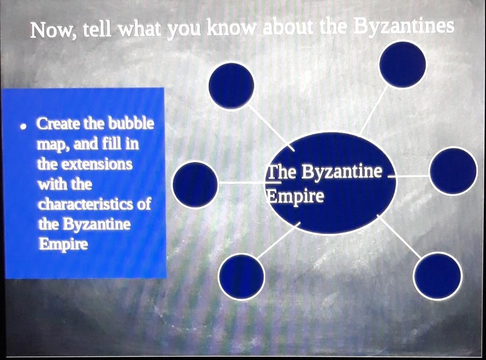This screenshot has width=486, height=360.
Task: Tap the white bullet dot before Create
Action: coord(22,127)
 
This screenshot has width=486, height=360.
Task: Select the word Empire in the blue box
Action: coord(63,244)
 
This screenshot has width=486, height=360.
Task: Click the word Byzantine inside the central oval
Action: coord(342,172)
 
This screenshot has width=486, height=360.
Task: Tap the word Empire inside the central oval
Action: coord(296,196)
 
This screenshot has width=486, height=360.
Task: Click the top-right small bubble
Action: coord(402,64)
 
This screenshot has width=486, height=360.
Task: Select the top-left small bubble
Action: coord(231,86)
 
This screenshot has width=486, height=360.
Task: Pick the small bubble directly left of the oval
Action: coord(195,185)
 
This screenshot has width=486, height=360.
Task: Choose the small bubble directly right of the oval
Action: coord(452,171)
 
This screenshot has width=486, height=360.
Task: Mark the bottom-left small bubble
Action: coord(241,276)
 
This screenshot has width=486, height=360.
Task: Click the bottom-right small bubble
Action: coord(437,276)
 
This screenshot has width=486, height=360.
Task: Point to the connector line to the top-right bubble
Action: coord(374,110)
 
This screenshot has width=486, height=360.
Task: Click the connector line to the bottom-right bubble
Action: coord(399,236)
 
